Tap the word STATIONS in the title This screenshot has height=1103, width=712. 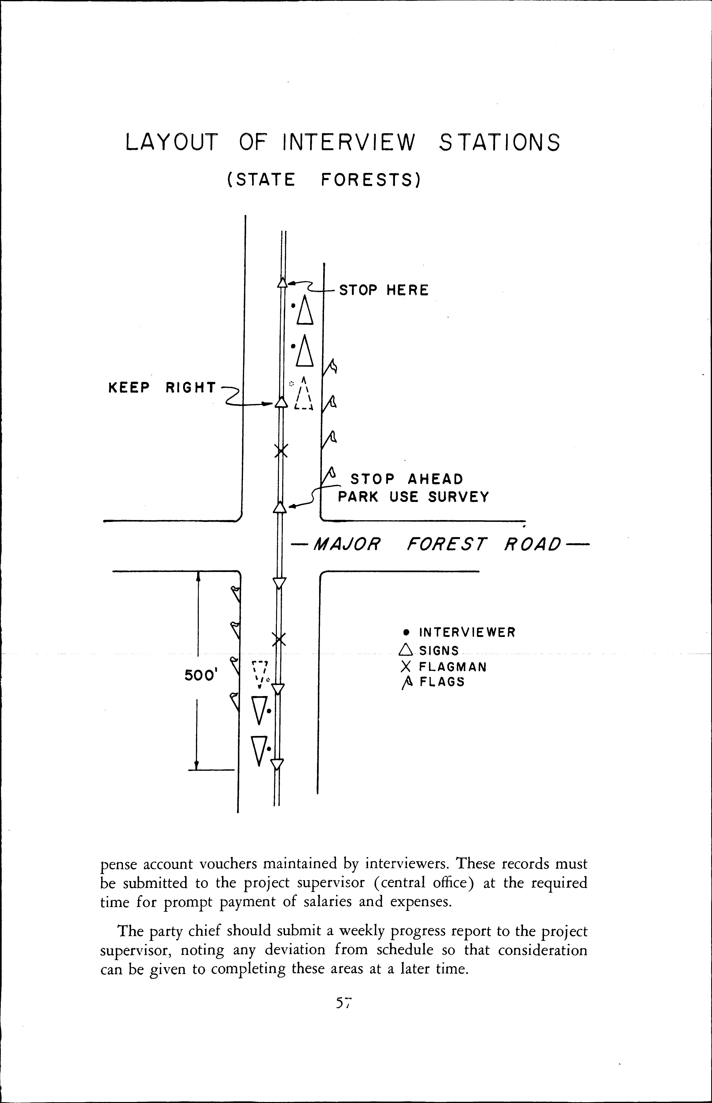tap(499, 142)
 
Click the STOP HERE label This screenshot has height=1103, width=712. tap(384, 290)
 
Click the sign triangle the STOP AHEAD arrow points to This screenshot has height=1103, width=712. tap(279, 508)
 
